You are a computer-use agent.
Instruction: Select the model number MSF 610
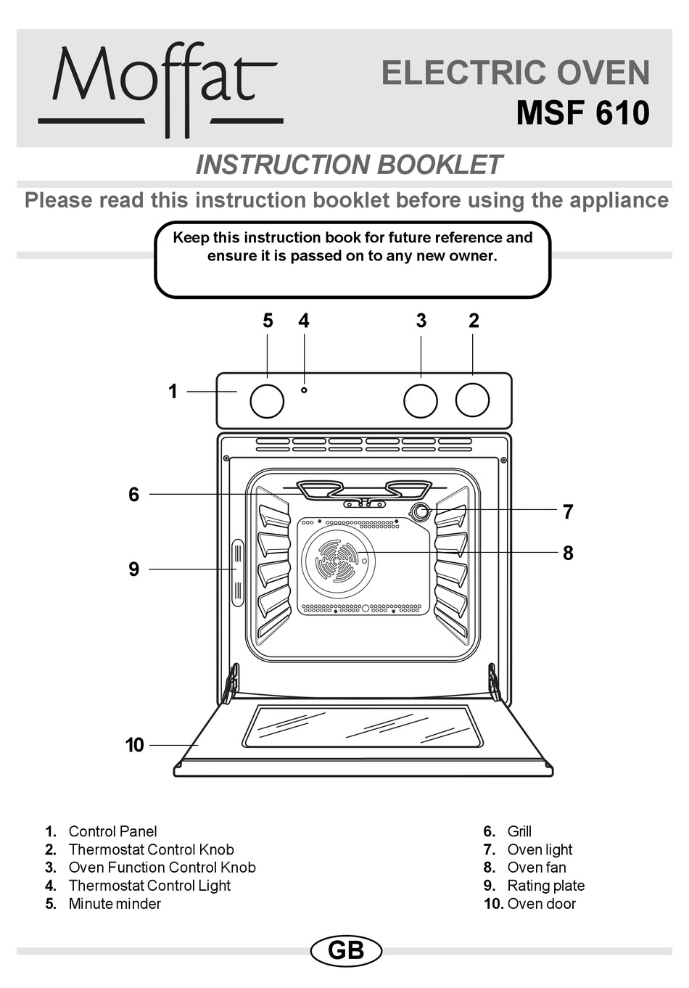point(582,113)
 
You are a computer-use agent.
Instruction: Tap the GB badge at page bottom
point(346,950)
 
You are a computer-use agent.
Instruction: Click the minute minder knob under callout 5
point(267,401)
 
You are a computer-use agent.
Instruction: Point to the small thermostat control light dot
point(304,390)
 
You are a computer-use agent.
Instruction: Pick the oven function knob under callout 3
point(421,401)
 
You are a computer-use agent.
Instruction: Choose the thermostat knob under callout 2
point(472,400)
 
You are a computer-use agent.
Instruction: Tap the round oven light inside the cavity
point(420,511)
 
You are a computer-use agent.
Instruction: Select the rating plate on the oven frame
point(237,572)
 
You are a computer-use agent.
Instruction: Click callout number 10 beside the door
point(135,745)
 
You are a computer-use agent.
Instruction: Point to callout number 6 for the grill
point(133,495)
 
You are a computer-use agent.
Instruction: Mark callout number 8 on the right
point(568,553)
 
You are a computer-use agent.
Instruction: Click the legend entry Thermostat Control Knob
point(151,849)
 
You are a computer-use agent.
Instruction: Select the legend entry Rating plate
point(545,886)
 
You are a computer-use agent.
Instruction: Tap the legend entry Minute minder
point(115,904)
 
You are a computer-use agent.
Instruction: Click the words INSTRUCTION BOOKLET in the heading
point(348,165)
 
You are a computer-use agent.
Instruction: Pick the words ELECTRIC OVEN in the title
point(516,73)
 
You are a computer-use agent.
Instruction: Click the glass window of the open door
point(363,725)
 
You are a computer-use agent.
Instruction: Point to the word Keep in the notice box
point(191,238)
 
